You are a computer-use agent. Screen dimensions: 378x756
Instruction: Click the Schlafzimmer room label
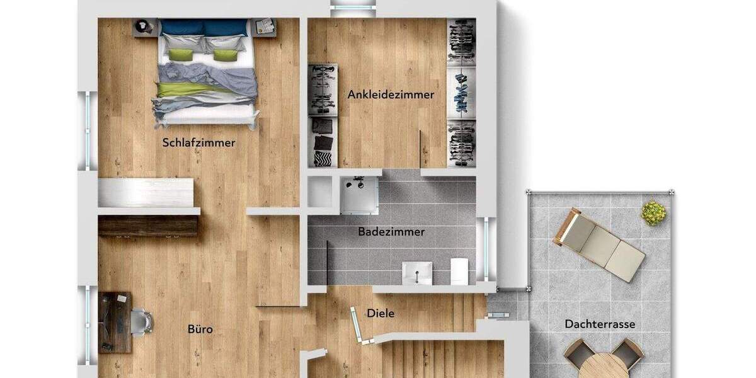point(198,142)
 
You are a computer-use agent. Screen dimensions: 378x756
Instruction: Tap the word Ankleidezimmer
point(391,95)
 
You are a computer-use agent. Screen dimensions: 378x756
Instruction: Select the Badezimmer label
point(391,232)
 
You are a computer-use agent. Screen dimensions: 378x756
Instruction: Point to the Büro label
point(200,329)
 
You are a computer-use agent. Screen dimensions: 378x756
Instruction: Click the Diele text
point(381,312)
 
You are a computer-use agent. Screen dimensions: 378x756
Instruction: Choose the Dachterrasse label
point(599,324)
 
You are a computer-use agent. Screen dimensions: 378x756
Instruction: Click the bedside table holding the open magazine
point(266,27)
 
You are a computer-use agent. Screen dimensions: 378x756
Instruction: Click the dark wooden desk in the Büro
point(115,322)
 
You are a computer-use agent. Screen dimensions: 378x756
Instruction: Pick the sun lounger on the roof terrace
point(598,244)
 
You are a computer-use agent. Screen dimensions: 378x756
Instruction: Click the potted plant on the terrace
point(654,213)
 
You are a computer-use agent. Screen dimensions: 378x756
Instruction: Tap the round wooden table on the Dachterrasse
point(603,365)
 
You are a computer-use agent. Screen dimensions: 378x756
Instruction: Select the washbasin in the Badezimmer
point(417,273)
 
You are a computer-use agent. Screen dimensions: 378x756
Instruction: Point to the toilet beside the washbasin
point(459,270)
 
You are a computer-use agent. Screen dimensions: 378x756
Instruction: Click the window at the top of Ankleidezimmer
point(353,8)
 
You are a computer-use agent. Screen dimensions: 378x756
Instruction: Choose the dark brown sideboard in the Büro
point(148,226)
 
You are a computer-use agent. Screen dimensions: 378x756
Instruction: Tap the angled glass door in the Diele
point(358,324)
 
